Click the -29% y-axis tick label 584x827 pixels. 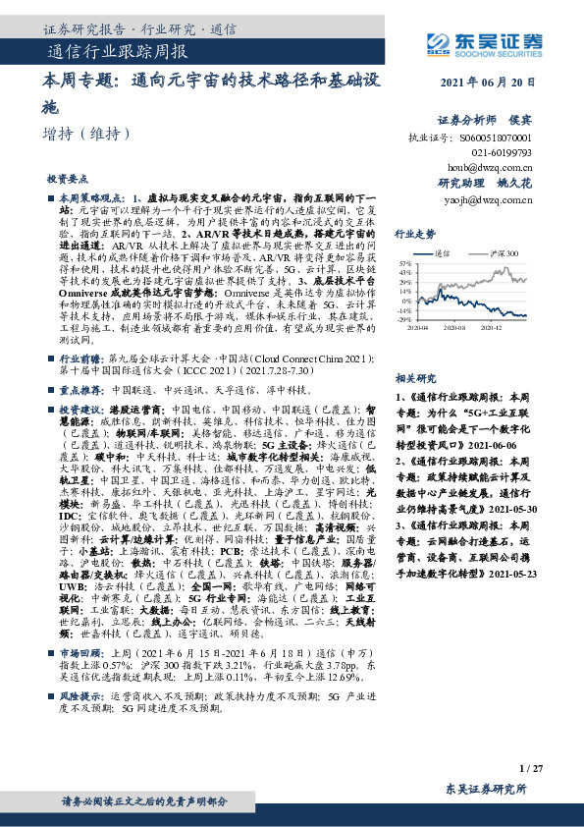(x=404, y=320)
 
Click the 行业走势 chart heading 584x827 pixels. (x=414, y=235)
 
